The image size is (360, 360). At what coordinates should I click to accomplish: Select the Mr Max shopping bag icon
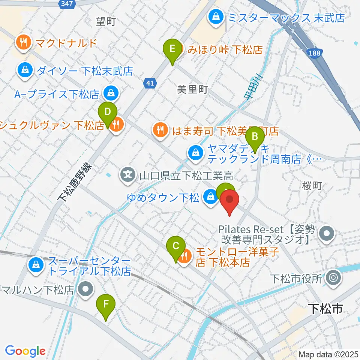(x=216, y=17)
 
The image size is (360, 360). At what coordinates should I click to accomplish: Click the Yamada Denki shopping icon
(x=196, y=152)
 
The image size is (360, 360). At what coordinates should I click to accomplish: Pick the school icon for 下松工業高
(x=128, y=174)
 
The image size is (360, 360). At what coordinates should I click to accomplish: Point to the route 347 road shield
(x=68, y=3)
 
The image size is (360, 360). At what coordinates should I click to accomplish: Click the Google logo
(x=25, y=351)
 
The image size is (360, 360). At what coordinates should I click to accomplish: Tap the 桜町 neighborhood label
(x=312, y=186)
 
